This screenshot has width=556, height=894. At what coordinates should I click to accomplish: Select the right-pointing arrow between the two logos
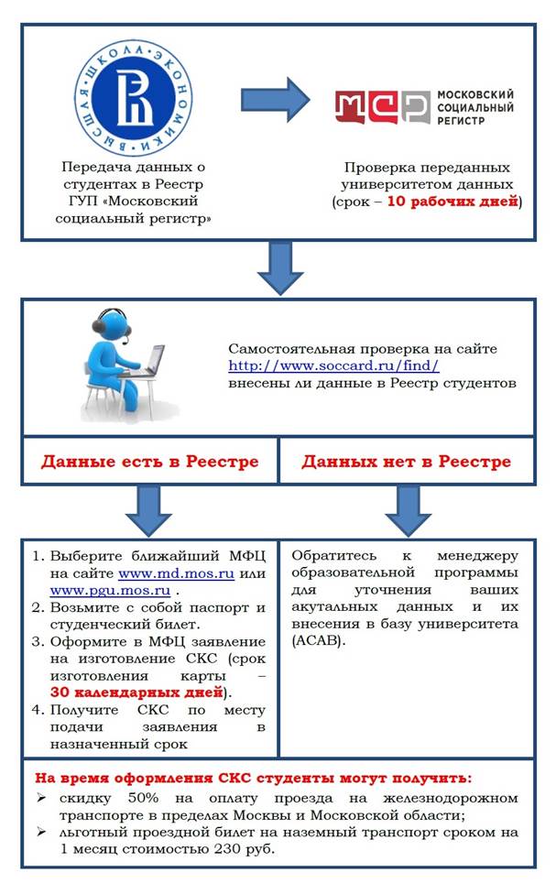276,98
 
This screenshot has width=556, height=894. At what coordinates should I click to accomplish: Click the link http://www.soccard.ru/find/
334,365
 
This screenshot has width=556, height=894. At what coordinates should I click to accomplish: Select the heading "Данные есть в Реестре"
149,461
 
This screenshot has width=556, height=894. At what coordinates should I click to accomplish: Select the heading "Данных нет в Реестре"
407,461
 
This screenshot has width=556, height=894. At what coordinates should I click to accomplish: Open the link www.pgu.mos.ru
92,591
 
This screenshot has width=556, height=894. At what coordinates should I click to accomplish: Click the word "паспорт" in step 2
211,608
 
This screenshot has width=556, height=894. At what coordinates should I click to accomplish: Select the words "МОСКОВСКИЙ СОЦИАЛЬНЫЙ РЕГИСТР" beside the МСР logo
474,107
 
